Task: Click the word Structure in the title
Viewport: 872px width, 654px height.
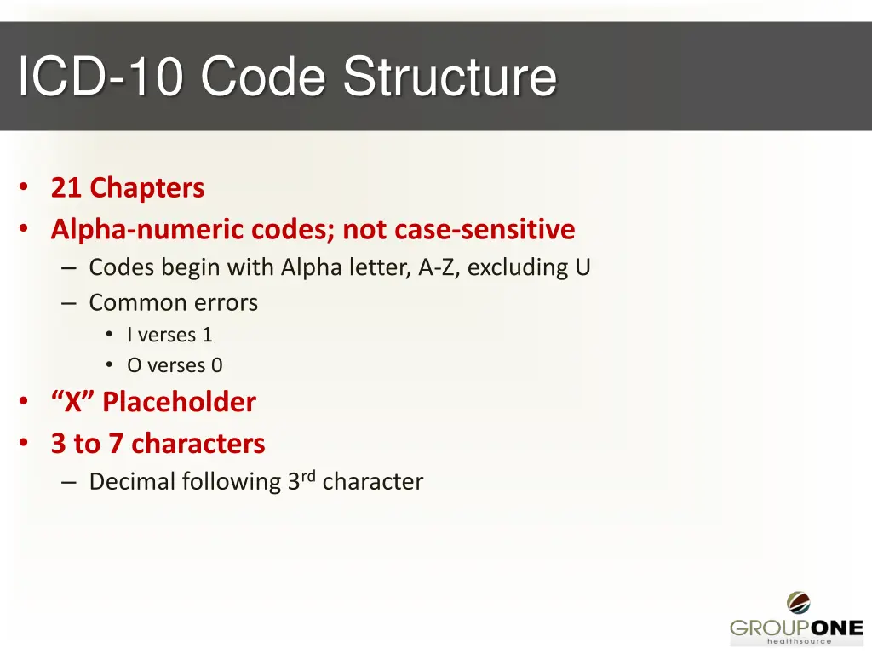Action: (450, 77)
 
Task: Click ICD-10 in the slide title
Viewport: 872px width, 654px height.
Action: (100, 77)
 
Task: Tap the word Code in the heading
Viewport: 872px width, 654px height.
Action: (263, 77)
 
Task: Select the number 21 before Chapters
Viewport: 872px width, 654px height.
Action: (66, 187)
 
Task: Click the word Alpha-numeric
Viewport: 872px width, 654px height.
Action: (147, 230)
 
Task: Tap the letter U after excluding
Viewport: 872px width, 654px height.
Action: (582, 267)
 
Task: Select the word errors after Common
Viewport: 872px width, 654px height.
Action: (225, 302)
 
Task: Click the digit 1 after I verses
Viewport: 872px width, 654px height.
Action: (207, 336)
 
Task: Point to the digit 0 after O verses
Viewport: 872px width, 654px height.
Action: (217, 365)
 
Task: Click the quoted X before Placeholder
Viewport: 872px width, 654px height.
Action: (73, 402)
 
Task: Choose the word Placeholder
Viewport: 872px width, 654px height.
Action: (179, 402)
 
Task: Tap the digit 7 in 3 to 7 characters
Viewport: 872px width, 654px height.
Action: (116, 444)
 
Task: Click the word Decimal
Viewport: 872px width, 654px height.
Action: (129, 482)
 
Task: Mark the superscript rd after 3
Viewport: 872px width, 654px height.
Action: (309, 476)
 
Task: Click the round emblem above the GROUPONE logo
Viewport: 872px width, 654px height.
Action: (798, 603)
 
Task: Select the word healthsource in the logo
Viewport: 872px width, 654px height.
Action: (799, 641)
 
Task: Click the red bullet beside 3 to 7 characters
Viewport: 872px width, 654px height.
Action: (26, 443)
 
